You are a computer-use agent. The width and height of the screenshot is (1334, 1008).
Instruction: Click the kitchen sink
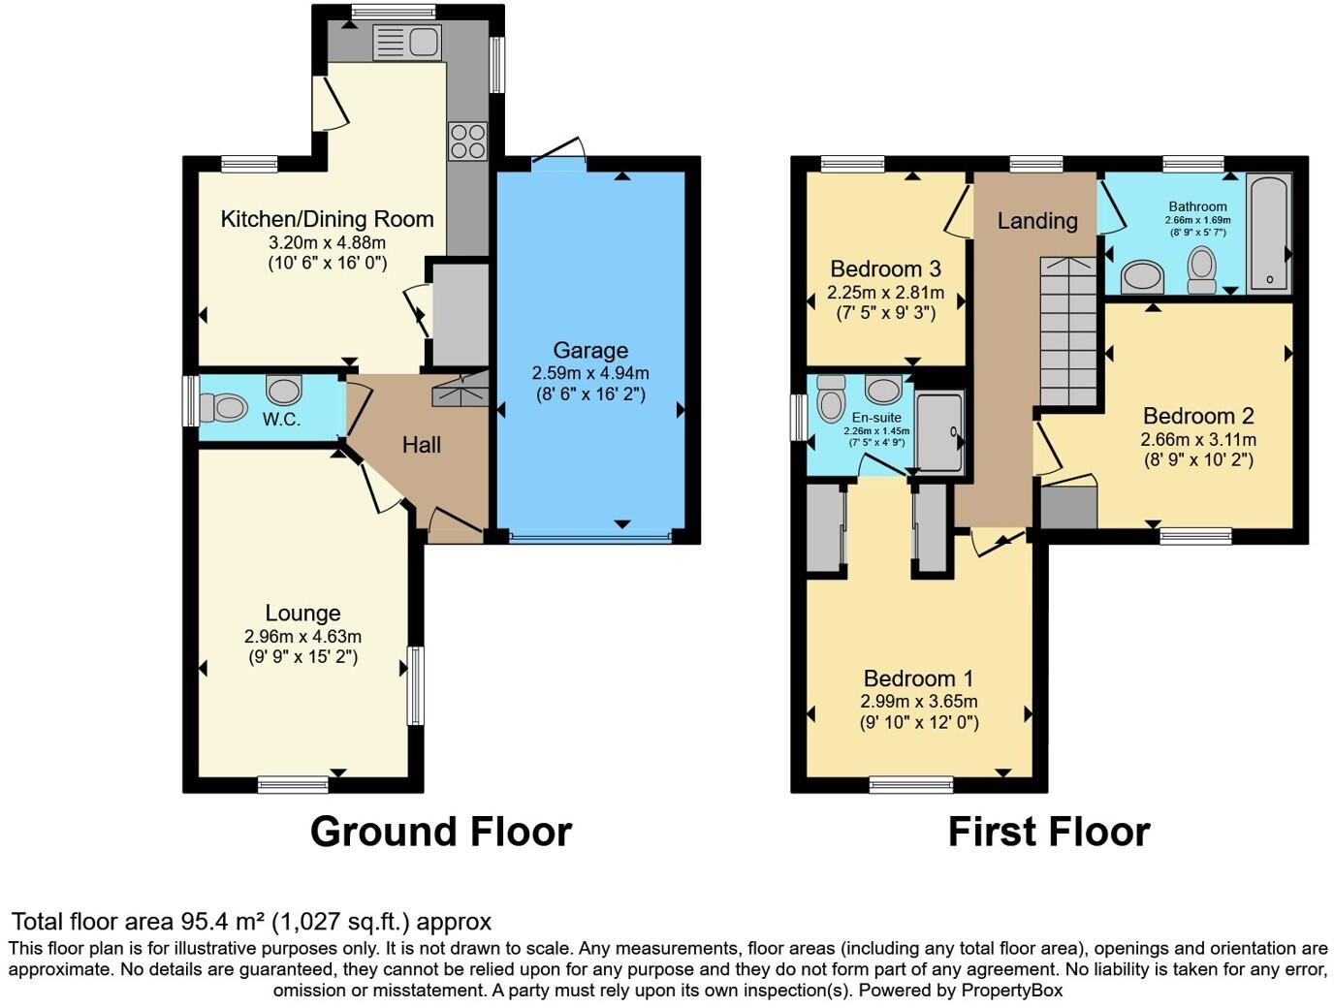[x=407, y=43]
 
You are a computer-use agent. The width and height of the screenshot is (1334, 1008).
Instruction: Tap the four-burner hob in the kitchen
[x=467, y=142]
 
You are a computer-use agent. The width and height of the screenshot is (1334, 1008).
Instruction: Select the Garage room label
[x=590, y=350]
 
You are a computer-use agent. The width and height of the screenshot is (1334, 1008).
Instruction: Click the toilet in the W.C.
[x=224, y=408]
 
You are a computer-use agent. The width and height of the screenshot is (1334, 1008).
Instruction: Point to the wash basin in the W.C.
[x=284, y=390]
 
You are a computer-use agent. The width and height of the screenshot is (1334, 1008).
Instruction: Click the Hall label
[x=422, y=445]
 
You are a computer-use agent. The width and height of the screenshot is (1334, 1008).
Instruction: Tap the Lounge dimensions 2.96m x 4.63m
[x=302, y=636]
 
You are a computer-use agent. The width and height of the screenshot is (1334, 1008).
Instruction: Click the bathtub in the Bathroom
[x=1269, y=233]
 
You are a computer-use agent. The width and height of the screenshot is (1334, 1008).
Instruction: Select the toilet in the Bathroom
[x=1202, y=268]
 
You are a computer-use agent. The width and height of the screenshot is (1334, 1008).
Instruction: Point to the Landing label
[x=1037, y=221]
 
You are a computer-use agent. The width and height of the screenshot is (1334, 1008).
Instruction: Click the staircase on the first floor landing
[x=1070, y=330]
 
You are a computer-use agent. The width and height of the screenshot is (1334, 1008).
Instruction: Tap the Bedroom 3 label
[x=885, y=268]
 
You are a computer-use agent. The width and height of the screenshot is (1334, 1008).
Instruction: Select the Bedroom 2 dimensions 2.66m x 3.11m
[x=1198, y=439]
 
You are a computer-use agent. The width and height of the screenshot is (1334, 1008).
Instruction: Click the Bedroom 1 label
[x=918, y=678]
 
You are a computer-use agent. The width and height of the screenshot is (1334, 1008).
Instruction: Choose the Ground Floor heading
[x=441, y=832]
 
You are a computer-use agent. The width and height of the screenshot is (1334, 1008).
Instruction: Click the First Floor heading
[x=1048, y=832]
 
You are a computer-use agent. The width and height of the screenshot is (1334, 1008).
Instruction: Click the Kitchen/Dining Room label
[x=327, y=219]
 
